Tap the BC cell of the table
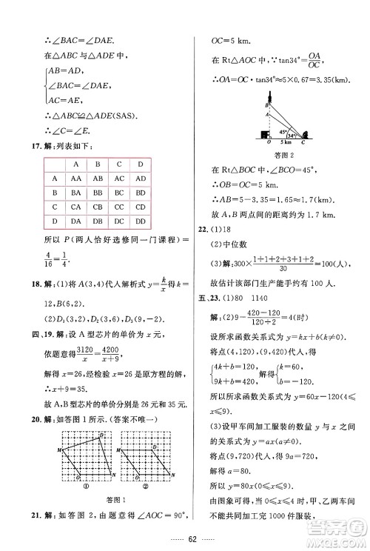[121, 193]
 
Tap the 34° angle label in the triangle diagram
[292, 136]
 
